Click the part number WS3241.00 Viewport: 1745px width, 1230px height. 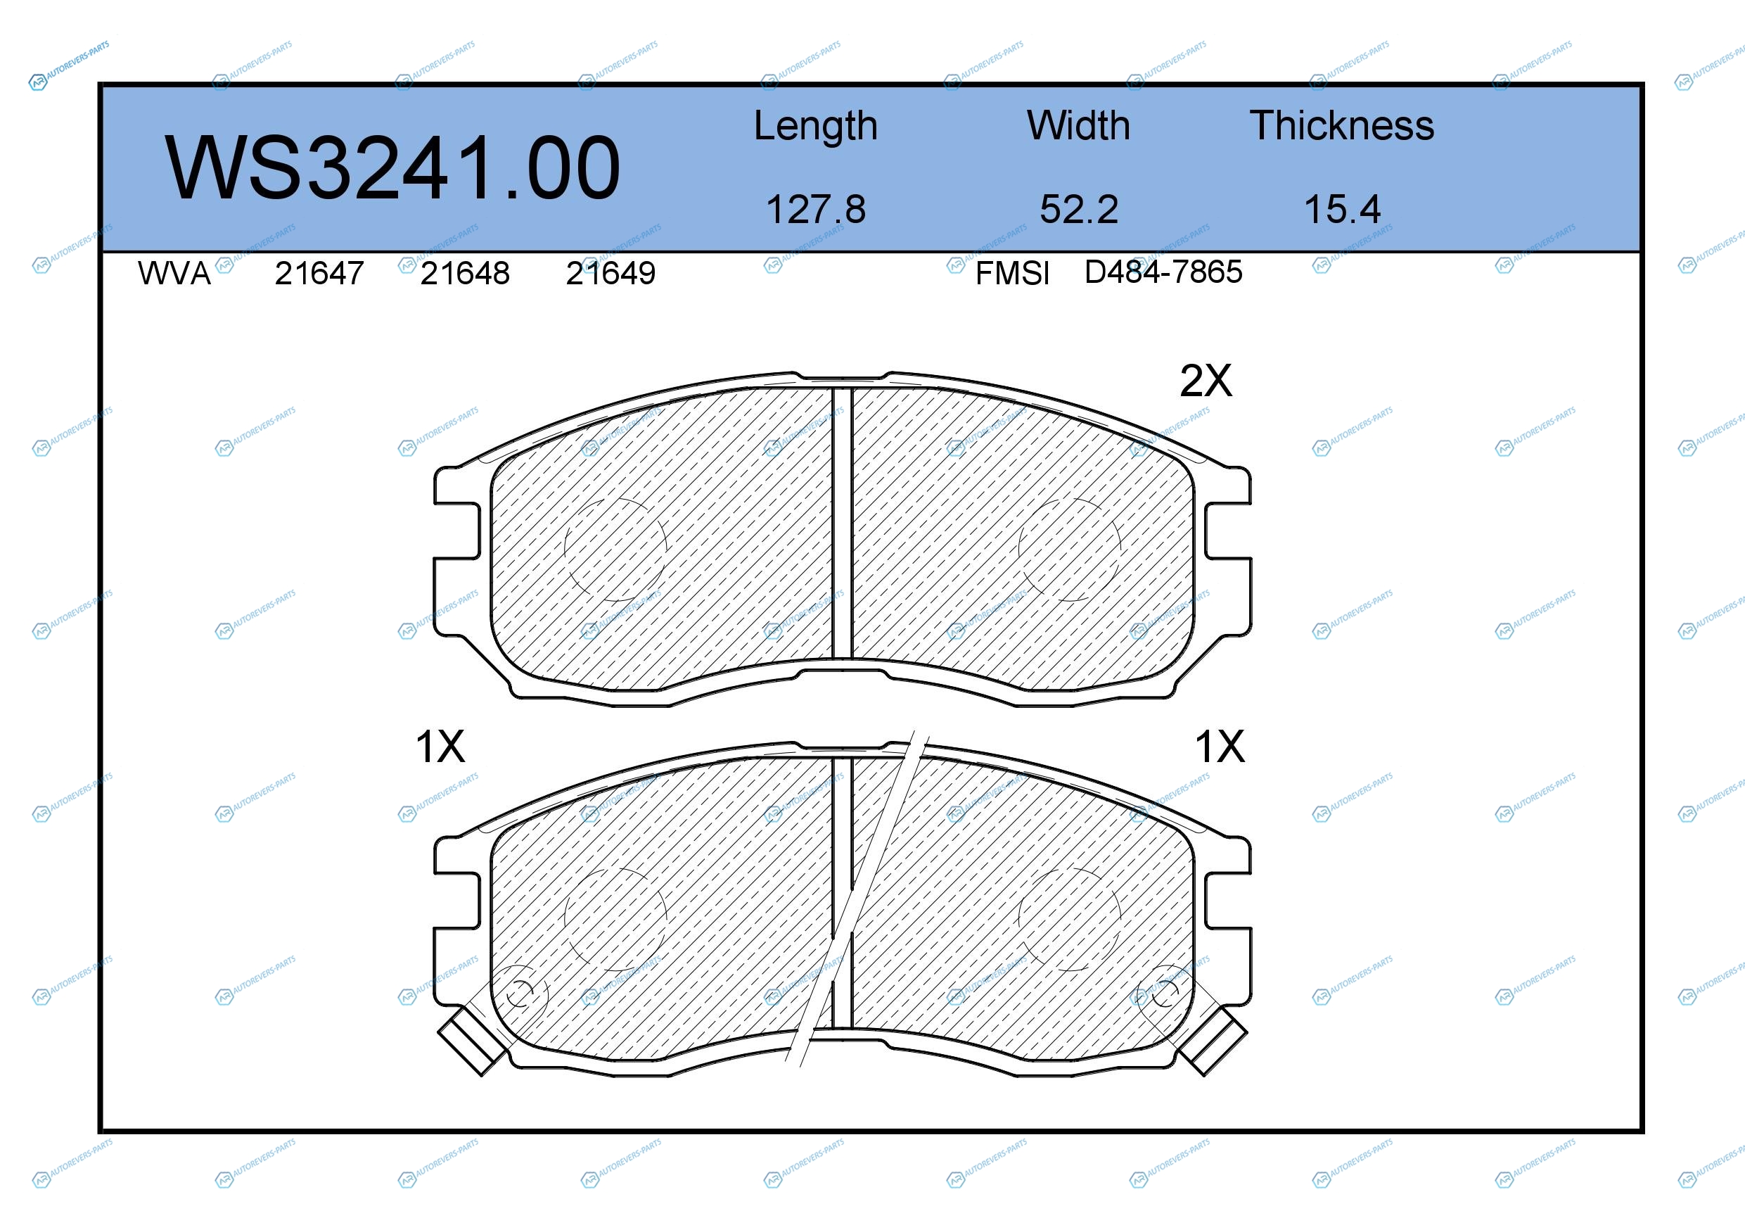[x=392, y=168]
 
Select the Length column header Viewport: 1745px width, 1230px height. [x=815, y=126]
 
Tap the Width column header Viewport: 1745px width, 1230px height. [x=1078, y=125]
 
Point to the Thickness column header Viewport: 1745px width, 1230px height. [x=1342, y=125]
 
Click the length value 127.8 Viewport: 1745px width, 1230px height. [x=815, y=209]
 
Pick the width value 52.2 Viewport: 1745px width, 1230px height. [x=1079, y=209]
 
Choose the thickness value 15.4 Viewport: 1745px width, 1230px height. [x=1342, y=209]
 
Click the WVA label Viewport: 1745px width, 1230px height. [x=174, y=273]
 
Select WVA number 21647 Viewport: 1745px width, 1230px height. [x=319, y=273]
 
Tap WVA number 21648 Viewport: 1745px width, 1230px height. [x=465, y=273]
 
